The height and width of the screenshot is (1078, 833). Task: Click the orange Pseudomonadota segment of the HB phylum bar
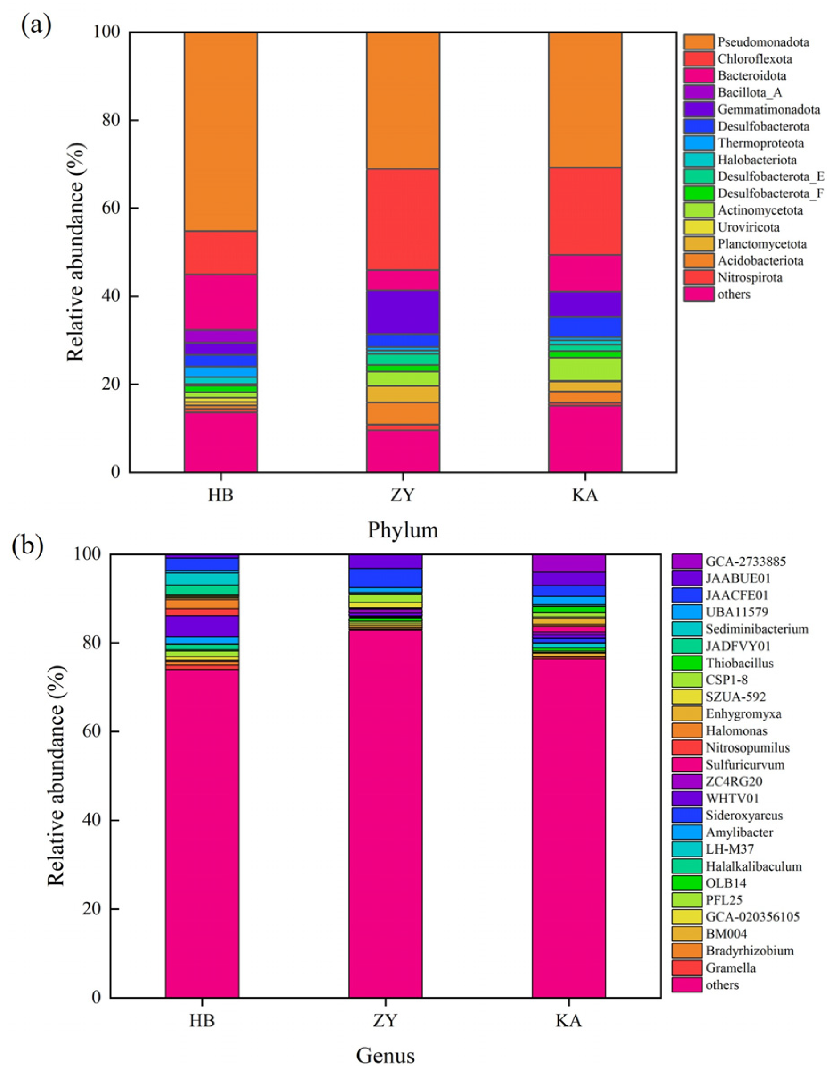(x=220, y=131)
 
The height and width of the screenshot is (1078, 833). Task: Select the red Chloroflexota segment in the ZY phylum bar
(x=403, y=219)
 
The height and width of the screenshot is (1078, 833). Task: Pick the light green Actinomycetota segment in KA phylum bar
(x=585, y=369)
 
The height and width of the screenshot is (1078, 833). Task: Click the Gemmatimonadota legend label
(x=768, y=109)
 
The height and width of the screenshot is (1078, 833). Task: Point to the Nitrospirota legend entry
(x=750, y=277)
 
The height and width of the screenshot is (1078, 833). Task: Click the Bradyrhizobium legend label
(x=750, y=951)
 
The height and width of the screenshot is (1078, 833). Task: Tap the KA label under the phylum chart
(x=585, y=495)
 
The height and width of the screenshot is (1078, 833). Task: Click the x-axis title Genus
(x=385, y=1056)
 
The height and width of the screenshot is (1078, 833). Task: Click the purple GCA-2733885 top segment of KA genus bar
(x=568, y=563)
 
